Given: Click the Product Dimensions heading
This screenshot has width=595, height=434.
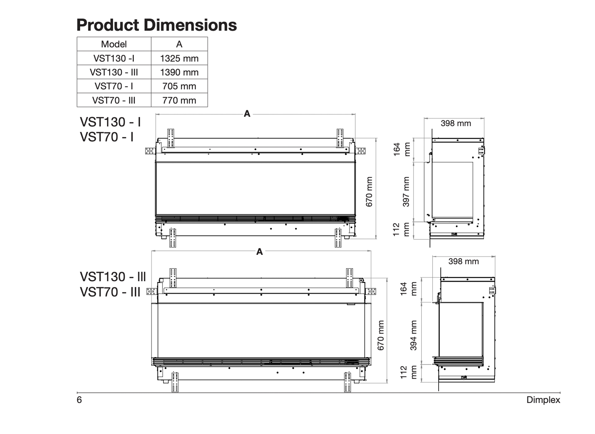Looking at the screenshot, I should [x=156, y=25].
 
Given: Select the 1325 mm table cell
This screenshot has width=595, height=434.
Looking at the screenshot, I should [x=179, y=58].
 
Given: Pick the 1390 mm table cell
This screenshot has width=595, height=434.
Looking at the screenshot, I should [x=179, y=72].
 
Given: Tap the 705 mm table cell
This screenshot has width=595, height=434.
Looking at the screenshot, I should [x=179, y=86].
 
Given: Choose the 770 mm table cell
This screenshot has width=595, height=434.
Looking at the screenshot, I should [x=179, y=100].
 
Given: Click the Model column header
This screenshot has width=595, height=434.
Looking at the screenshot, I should [x=114, y=44].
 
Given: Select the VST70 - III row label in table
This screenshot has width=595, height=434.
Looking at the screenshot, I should [x=114, y=100].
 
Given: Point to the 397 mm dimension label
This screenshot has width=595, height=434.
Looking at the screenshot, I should [x=406, y=192].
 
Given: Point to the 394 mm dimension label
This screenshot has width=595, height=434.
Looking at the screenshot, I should [x=413, y=335].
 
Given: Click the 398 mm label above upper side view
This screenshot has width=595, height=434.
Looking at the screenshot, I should [x=456, y=123].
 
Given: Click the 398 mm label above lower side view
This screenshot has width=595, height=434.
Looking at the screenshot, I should [x=463, y=261].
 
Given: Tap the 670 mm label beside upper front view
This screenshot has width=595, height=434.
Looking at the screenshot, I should [x=369, y=192].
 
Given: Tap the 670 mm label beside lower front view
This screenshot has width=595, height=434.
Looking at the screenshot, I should [x=381, y=335].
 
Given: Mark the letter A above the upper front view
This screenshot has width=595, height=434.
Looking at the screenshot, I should [x=247, y=114].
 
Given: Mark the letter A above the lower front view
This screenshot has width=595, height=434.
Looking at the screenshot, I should [x=260, y=251].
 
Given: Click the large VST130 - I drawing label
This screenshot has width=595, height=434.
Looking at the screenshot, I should [x=110, y=122].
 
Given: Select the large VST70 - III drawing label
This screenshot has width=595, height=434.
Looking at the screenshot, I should [x=110, y=292].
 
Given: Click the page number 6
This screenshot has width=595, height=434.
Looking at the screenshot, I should [x=79, y=400].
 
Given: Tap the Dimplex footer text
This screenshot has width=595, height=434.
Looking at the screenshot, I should [x=543, y=400].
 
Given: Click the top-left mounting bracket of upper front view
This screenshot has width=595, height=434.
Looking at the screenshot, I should [x=171, y=138].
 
